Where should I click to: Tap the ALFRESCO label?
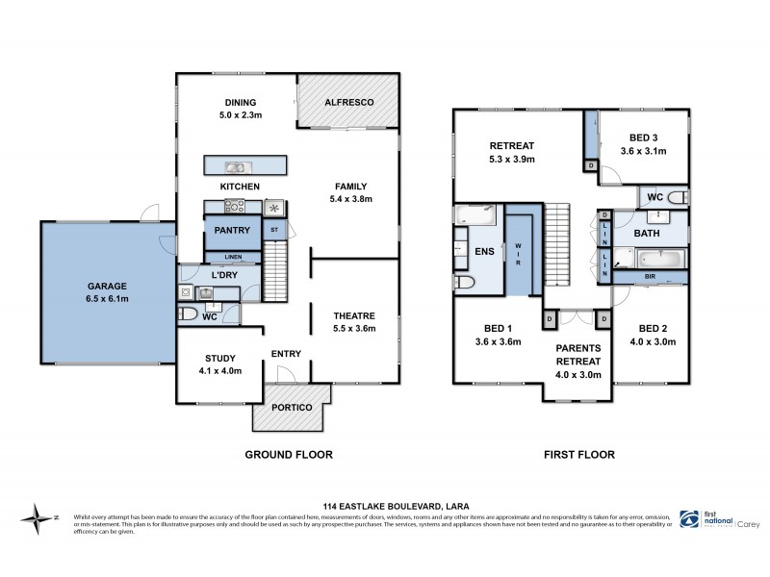point(347,102)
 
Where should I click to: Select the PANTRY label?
point(233,230)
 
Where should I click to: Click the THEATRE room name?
point(354,316)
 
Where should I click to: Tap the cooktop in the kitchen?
point(234,204)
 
